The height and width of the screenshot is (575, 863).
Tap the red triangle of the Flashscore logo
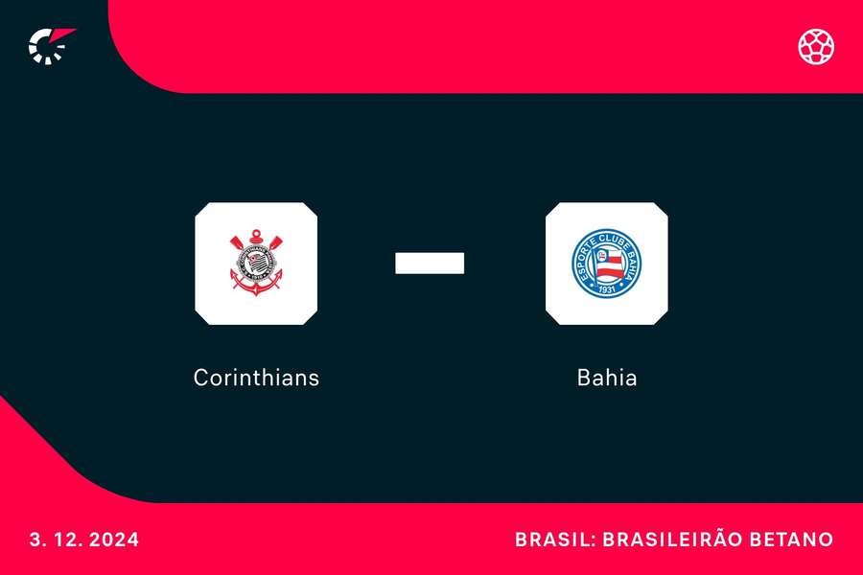click(x=64, y=36)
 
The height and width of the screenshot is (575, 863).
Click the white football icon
click(x=816, y=46)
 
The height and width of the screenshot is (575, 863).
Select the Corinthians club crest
click(x=256, y=263)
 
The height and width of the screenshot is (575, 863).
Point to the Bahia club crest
click(x=607, y=263)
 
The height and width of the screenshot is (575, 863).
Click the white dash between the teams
click(x=430, y=263)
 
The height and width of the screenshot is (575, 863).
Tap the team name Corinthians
click(x=256, y=378)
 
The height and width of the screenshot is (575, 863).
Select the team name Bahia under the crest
click(x=607, y=378)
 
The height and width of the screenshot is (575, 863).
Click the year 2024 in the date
click(x=115, y=540)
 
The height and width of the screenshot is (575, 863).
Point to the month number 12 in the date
click(x=65, y=540)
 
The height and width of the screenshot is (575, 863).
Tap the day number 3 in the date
click(x=35, y=540)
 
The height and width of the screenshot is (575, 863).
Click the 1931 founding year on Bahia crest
click(x=607, y=288)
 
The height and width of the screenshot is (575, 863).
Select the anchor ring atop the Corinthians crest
click(x=256, y=234)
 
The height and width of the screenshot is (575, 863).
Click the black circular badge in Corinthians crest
click(x=256, y=259)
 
